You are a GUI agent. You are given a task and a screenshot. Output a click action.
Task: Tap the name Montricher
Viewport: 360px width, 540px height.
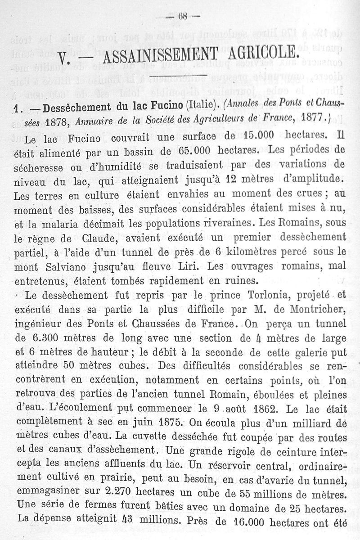[x=317, y=309]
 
